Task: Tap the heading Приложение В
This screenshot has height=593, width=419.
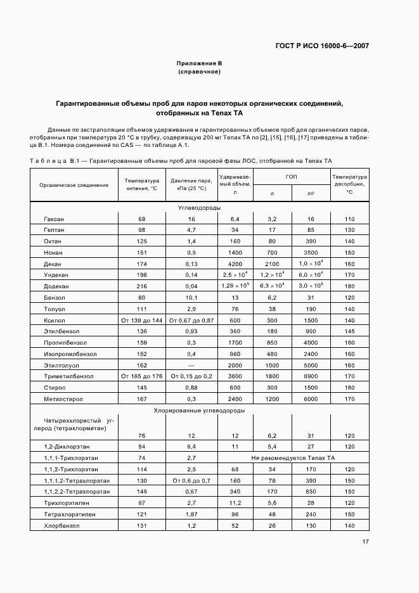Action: (199, 63)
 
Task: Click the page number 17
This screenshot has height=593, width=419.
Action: (366, 541)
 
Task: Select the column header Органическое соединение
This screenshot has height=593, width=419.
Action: (74, 185)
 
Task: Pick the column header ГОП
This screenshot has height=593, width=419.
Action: (292, 177)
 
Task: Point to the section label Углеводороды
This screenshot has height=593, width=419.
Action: (199, 208)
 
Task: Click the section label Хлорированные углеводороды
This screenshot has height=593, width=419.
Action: (199, 411)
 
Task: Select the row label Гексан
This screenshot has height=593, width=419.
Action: (53, 219)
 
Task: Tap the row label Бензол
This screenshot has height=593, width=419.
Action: (54, 297)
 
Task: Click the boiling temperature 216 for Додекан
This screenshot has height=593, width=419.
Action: (141, 286)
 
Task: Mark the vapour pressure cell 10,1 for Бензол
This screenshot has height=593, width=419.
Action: (191, 297)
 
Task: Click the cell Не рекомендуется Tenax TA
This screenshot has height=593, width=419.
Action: (292, 458)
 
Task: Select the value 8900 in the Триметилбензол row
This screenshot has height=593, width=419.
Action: (311, 376)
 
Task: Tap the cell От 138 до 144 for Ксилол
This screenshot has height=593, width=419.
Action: (142, 320)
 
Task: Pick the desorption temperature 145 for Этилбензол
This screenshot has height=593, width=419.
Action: (349, 331)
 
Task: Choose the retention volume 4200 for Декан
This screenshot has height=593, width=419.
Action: (235, 264)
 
